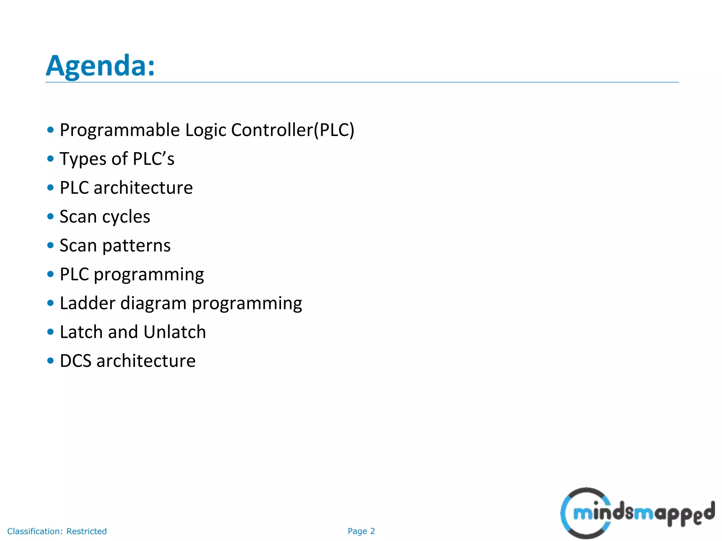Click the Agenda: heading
coord(100,66)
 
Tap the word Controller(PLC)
coord(292,130)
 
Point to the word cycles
coord(126,217)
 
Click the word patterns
coord(136,246)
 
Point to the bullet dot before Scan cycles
coord(50,216)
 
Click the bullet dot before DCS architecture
coord(50,361)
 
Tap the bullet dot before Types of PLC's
coord(50,158)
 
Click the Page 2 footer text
coord(361,531)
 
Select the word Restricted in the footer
coord(86,531)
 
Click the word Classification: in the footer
coord(35,531)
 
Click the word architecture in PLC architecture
coord(143,188)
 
